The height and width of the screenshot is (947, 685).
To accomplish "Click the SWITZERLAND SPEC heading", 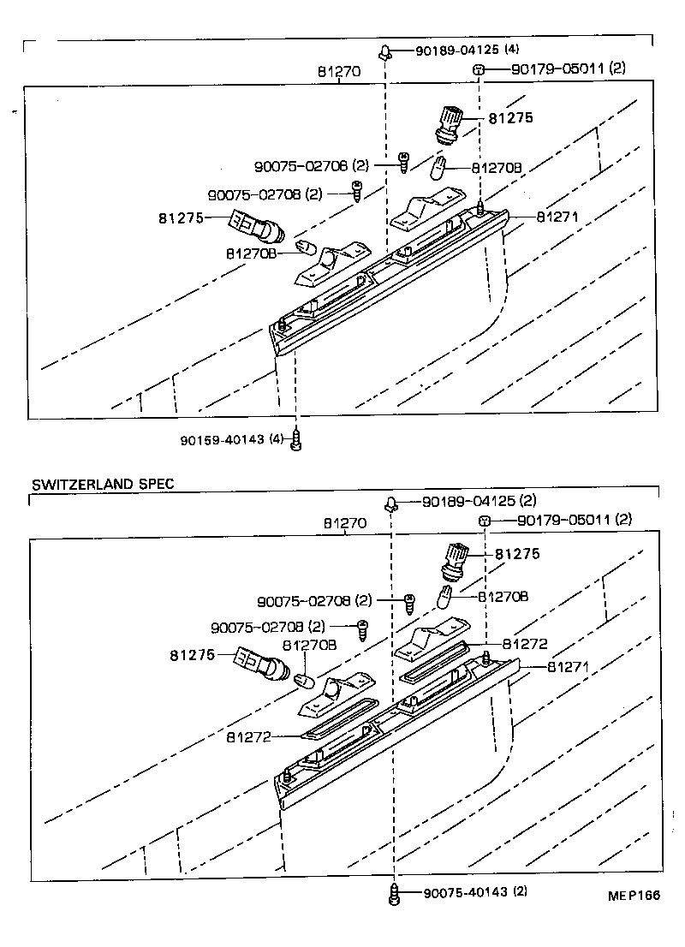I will (x=103, y=484).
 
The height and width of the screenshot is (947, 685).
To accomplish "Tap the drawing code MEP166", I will (x=634, y=896).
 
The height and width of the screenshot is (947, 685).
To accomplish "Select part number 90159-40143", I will (x=223, y=439).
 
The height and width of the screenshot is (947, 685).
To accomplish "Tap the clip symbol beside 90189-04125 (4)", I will (x=387, y=51).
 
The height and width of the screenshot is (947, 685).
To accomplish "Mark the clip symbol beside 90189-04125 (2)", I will (x=391, y=503).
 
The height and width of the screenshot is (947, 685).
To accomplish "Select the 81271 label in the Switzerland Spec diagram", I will (x=565, y=666).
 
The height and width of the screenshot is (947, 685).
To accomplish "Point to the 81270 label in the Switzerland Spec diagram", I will (x=345, y=522).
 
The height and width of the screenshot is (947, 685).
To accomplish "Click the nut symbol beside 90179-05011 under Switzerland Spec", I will (x=484, y=521).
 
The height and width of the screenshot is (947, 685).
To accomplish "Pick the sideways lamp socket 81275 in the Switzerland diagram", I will (x=262, y=665).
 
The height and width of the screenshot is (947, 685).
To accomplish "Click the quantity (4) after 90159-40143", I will (x=276, y=439).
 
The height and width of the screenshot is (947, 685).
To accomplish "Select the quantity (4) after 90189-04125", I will (x=512, y=51).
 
